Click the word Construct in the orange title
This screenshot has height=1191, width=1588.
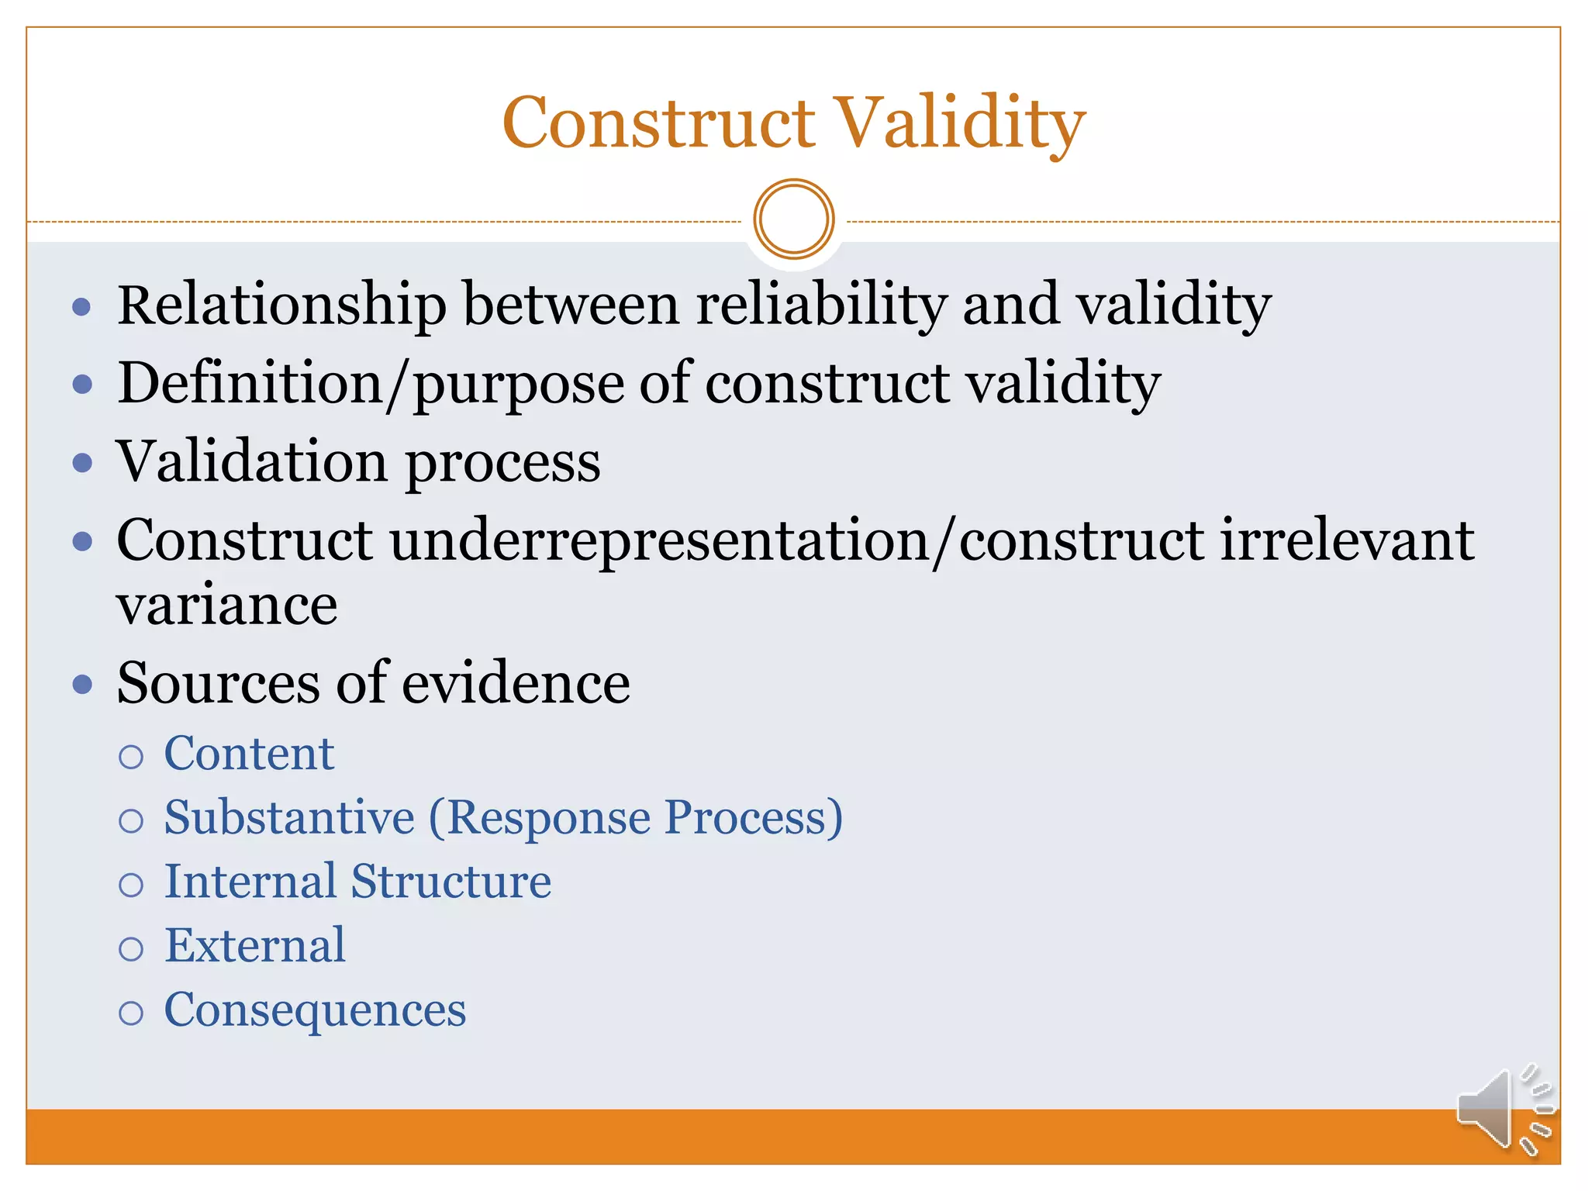[x=659, y=124]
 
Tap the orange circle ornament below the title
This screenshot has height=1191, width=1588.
[x=793, y=219]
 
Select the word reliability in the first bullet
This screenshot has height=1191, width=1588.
[x=821, y=304]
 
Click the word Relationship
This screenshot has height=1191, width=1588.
[x=281, y=304]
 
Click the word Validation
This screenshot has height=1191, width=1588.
[x=252, y=462]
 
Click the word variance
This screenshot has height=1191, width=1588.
[x=226, y=606]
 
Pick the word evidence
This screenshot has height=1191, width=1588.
[x=516, y=683]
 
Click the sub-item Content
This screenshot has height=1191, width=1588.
[x=249, y=754]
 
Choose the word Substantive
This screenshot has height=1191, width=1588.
[x=289, y=818]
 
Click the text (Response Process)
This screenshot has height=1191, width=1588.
[x=636, y=818]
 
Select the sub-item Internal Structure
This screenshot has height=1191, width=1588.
[x=357, y=882]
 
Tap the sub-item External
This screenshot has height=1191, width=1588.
[x=255, y=946]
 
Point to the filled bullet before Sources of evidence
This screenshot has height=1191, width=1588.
[x=82, y=685]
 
